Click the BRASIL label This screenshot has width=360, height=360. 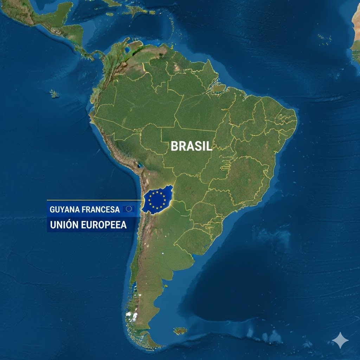point(191,146)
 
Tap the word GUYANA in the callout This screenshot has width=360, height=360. point(64,210)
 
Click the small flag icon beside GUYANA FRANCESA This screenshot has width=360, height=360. point(129,209)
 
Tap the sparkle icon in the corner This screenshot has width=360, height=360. point(340,340)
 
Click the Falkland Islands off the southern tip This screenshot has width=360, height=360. point(180,331)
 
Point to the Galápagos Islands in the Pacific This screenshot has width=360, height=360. point(54,94)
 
